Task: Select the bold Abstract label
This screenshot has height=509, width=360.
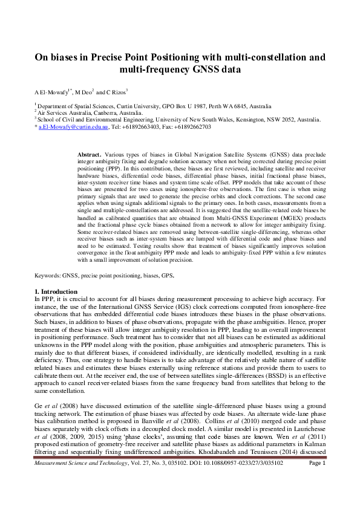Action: point(90,148)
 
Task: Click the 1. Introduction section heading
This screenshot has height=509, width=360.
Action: point(57,292)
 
